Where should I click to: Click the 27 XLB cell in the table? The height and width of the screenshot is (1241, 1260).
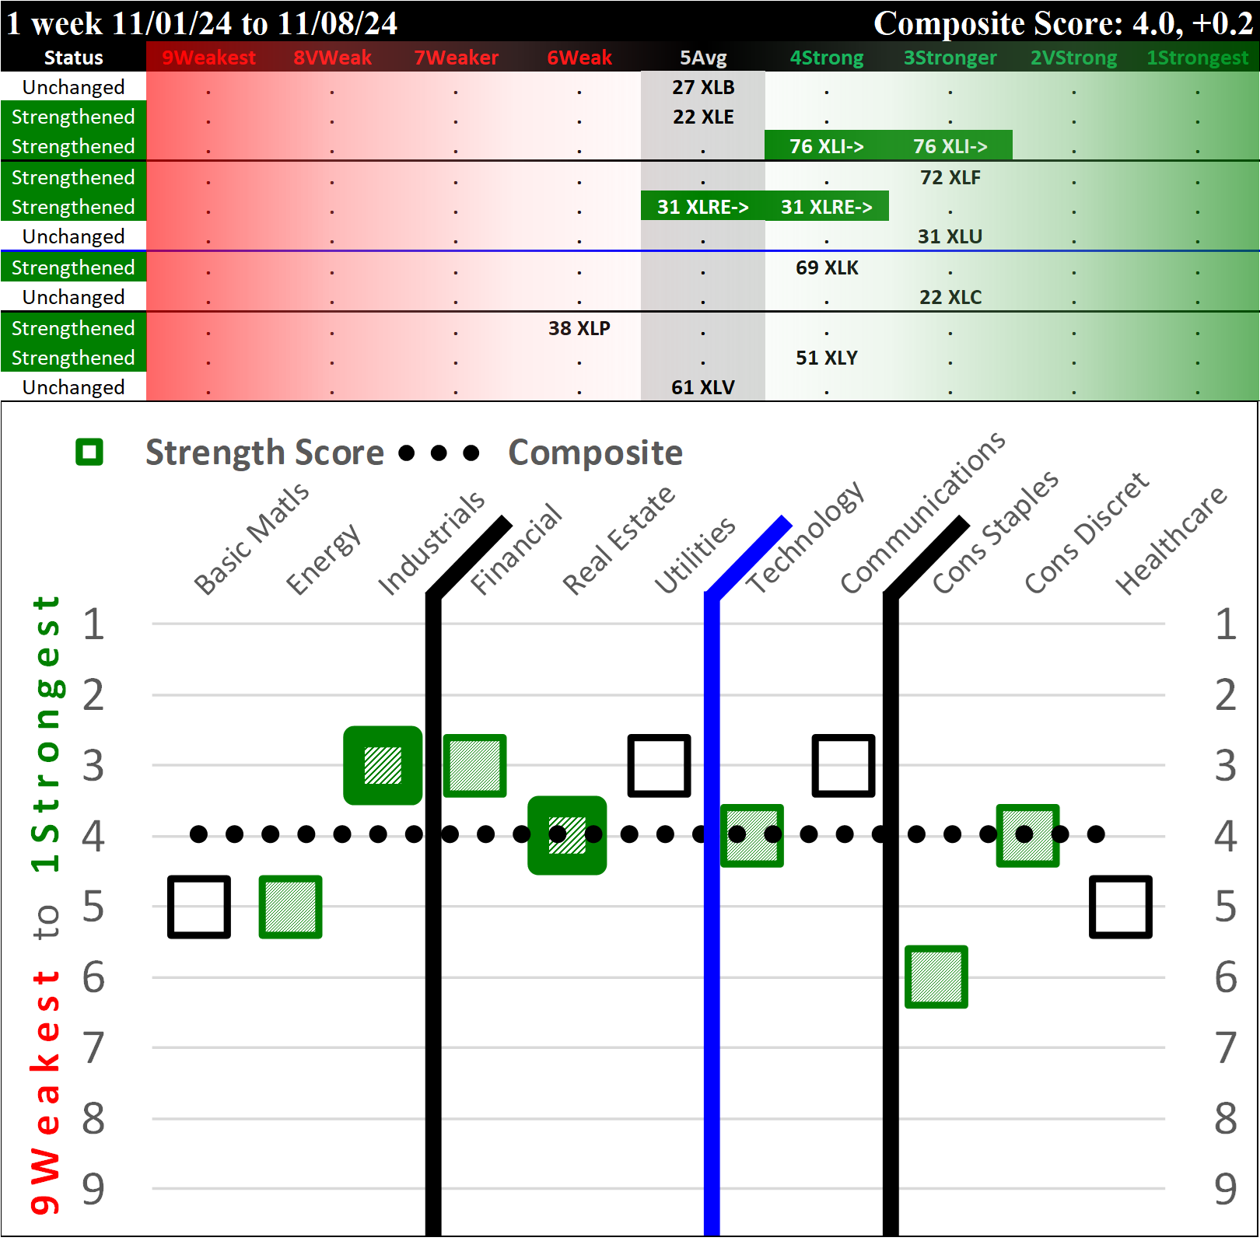coord(703,87)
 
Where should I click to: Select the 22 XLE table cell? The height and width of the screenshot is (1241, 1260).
coord(703,117)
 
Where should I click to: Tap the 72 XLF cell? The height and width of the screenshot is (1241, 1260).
coord(950,177)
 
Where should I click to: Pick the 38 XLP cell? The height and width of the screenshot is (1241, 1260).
coord(579,328)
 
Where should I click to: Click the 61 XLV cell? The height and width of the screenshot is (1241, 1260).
coord(703,387)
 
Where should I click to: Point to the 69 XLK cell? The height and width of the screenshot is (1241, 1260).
coord(827,267)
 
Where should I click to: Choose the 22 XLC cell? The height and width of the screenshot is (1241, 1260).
coord(950,297)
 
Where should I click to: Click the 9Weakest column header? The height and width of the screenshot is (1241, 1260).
coord(208,58)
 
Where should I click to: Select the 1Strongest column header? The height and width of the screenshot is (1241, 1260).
coord(1197,58)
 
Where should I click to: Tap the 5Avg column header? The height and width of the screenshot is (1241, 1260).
coord(703,58)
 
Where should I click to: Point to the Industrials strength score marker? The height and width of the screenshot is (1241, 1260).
coord(383,765)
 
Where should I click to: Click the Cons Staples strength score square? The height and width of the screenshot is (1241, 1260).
coord(936,977)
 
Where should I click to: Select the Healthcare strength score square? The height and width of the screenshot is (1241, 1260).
coord(1120,907)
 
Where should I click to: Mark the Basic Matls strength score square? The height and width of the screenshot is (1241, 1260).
coord(199,907)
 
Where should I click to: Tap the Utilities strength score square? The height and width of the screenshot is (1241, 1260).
coord(660,765)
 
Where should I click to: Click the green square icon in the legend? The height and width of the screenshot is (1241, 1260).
coord(89,452)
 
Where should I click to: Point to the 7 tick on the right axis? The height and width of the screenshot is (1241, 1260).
coord(1225,1047)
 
